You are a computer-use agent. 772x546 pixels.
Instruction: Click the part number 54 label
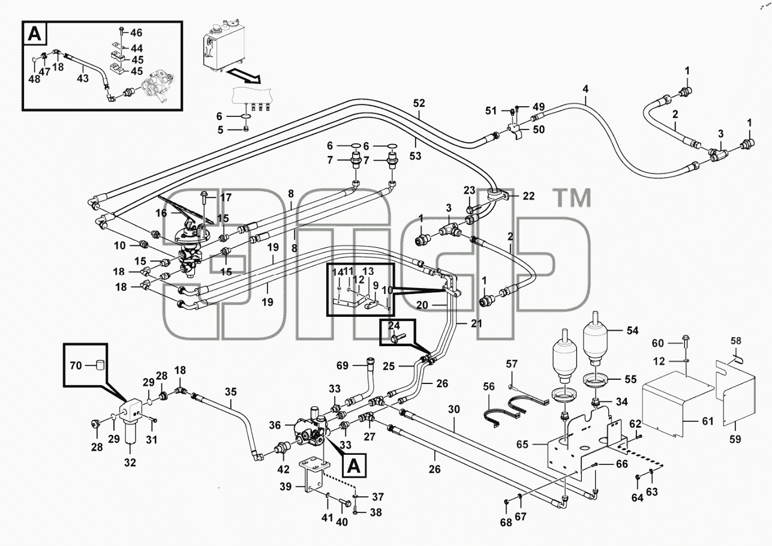coord(632,331)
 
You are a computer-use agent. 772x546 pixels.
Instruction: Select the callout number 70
coord(76,365)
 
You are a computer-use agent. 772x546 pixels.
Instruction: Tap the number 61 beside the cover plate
coord(708,421)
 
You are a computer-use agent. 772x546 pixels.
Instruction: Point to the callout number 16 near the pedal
coord(161,213)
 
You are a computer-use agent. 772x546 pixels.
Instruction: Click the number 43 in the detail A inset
coord(83,78)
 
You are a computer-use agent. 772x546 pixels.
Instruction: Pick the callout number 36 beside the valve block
coord(275,425)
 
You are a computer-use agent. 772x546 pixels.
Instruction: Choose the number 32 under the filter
coord(130,462)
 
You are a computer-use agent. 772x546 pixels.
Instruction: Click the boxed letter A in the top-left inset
coord(34,34)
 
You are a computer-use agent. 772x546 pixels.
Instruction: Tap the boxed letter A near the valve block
coord(355,466)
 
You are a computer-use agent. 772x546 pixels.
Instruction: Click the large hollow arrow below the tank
coord(244,76)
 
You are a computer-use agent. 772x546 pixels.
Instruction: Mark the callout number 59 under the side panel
coord(735,439)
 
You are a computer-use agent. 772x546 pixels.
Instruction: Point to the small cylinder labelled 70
coord(100,365)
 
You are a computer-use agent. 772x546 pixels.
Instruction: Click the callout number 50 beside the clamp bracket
coord(539,129)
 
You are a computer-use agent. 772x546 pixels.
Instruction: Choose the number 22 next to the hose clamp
coord(528,196)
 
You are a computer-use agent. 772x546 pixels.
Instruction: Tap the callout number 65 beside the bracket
coord(522,445)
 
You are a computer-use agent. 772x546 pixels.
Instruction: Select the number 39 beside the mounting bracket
coord(286,487)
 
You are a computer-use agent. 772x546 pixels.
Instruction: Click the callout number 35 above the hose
coord(231,392)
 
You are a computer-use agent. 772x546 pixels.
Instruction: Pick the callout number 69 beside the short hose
coord(343,365)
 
